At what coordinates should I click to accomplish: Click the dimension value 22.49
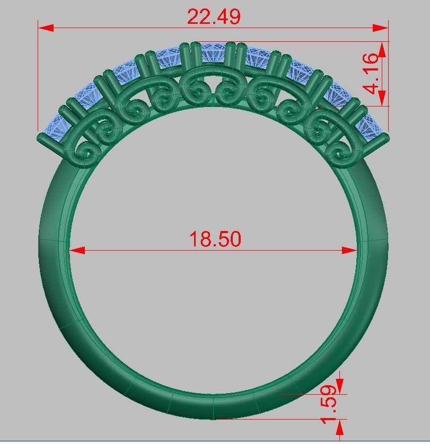coord(214,17)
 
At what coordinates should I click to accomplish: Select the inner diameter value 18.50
coord(215,239)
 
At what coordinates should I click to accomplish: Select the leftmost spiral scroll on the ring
coord(86,153)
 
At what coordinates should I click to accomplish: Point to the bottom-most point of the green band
coord(215,419)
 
